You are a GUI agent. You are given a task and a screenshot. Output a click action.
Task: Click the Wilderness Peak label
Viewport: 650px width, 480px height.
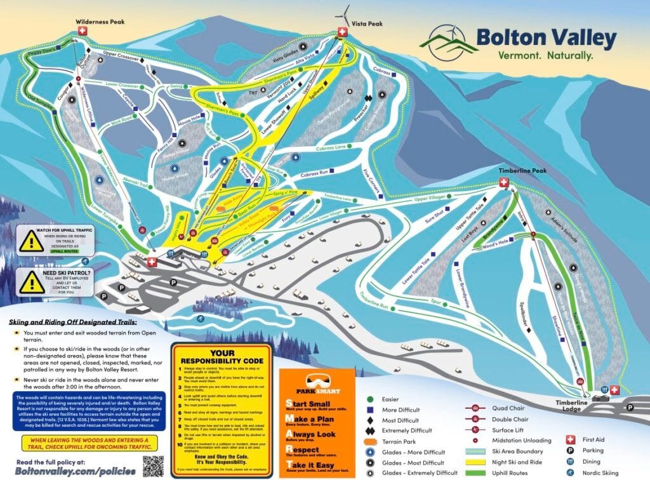100,22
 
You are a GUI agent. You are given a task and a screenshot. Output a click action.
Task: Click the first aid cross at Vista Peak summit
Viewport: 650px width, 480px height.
343,32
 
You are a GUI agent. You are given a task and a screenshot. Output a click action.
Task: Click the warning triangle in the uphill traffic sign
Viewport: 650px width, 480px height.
31,241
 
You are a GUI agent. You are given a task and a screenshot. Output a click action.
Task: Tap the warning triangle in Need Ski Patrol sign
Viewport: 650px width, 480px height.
31,282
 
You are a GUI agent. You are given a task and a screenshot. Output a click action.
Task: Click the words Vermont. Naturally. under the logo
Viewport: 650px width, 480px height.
536,55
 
